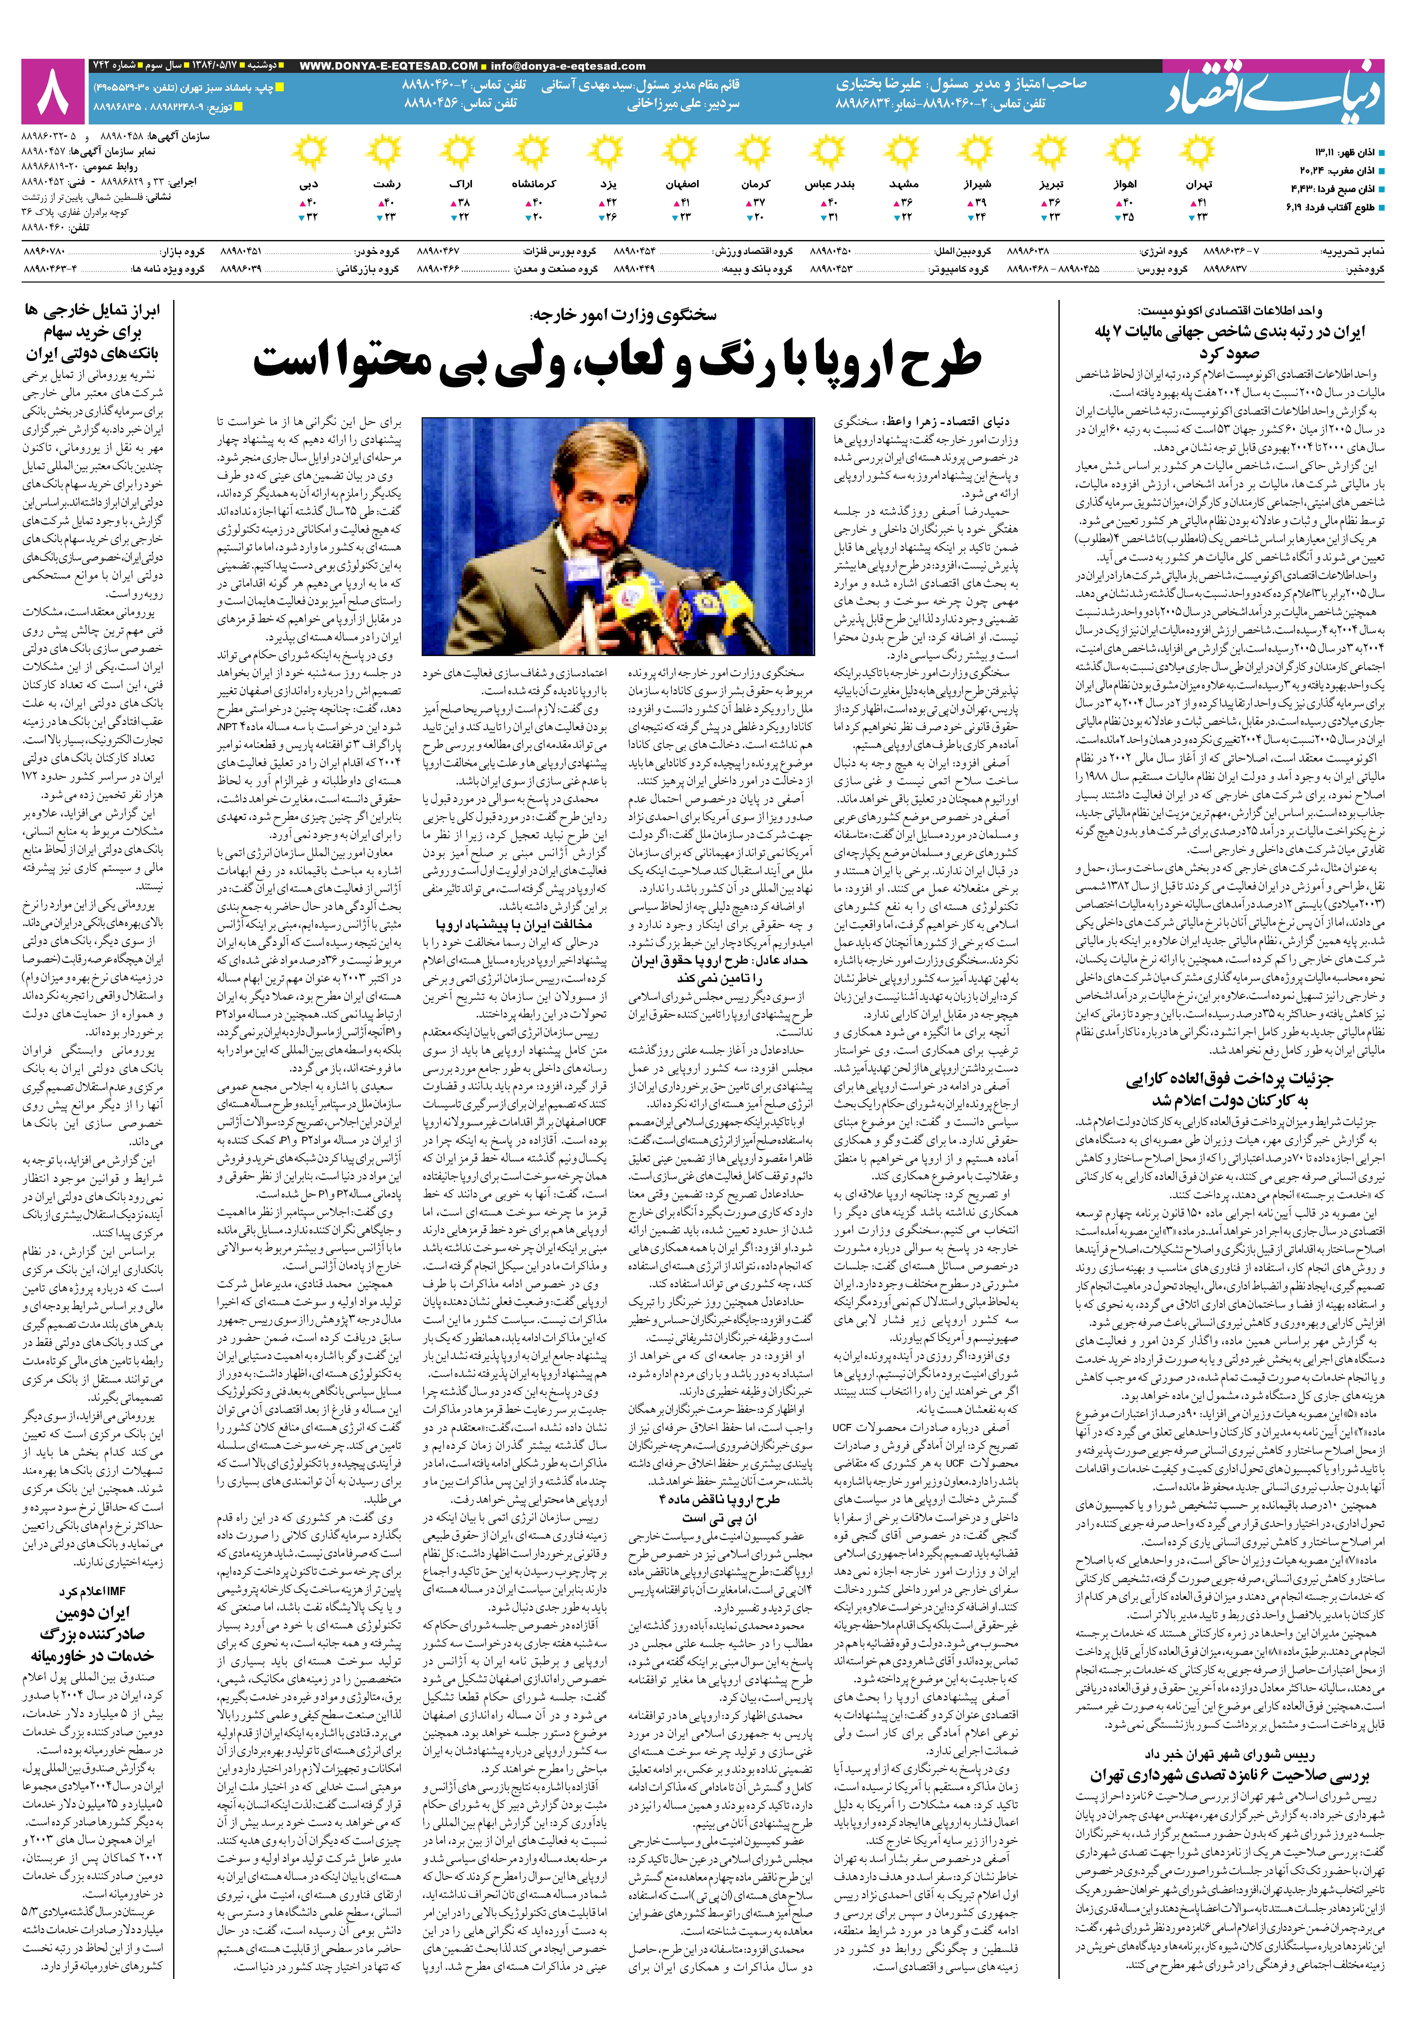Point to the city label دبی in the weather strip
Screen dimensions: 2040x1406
point(308,185)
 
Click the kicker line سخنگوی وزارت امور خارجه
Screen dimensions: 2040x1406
point(624,315)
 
